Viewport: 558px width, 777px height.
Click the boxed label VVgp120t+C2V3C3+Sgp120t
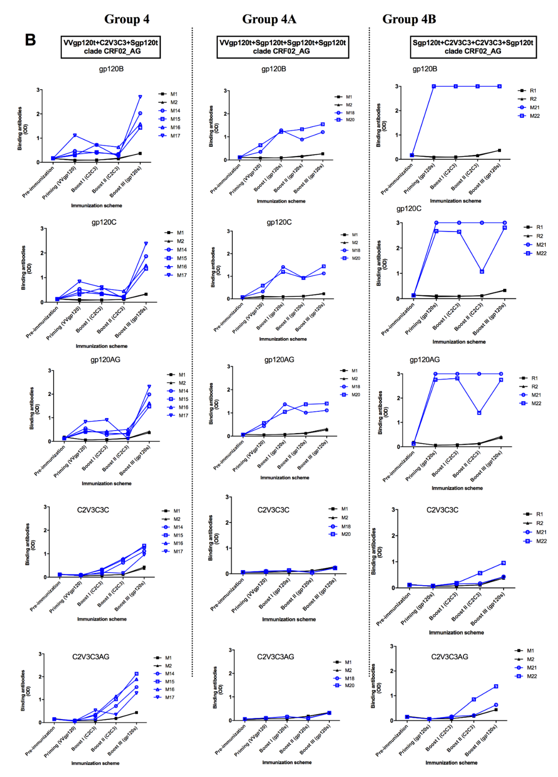(111, 47)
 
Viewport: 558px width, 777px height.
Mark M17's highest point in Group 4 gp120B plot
(140, 97)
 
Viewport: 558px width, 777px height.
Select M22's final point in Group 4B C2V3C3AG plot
(496, 686)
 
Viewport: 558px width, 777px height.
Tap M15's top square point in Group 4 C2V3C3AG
(136, 674)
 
